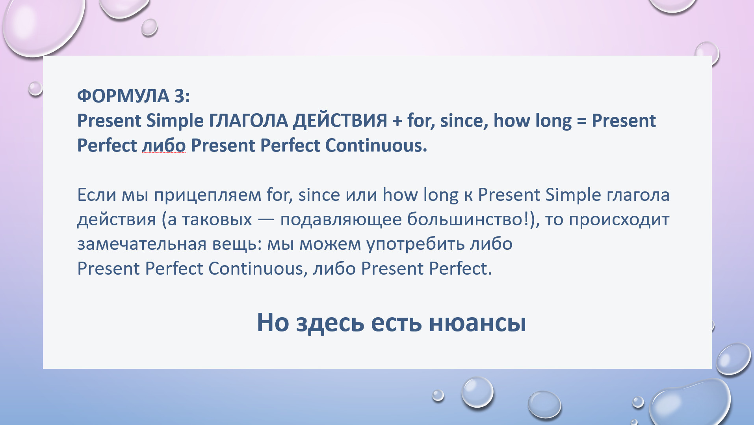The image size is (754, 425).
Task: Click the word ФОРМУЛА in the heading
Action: (x=123, y=96)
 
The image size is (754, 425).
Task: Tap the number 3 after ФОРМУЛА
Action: (x=179, y=96)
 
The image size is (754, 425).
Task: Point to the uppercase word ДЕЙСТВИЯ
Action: (x=340, y=120)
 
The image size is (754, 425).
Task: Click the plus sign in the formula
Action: (x=397, y=121)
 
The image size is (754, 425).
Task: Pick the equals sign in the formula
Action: (x=581, y=121)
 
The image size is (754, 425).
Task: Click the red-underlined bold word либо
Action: (x=164, y=145)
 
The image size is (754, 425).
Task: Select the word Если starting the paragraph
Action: (x=97, y=195)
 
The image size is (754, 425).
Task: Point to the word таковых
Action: (x=217, y=220)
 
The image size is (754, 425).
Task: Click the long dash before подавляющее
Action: (x=266, y=220)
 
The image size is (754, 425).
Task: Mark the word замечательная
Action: (x=142, y=244)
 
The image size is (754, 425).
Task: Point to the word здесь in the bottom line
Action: (x=330, y=323)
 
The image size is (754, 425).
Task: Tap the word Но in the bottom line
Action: (x=273, y=323)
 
